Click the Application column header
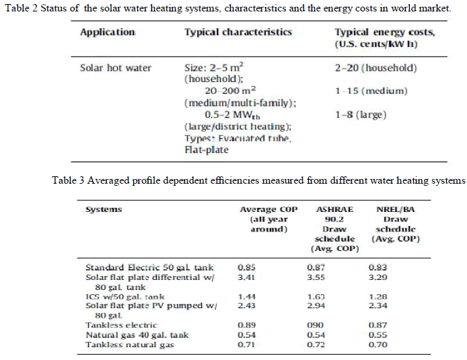click(108, 32)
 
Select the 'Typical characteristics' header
click(238, 32)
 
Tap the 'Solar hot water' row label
click(116, 68)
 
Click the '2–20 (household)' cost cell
click(375, 68)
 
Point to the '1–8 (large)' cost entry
click(361, 115)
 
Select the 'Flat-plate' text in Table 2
click(206, 150)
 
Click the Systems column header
click(104, 209)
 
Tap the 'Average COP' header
click(268, 209)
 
